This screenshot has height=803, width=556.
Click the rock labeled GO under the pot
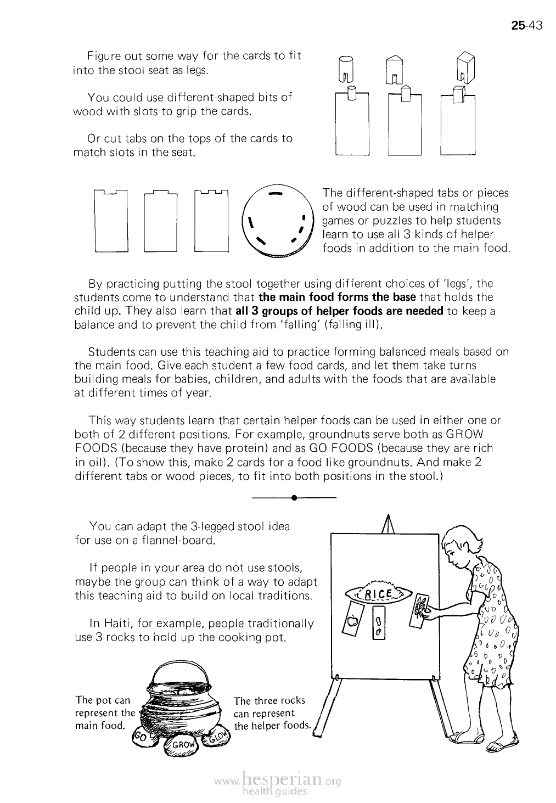coord(142,739)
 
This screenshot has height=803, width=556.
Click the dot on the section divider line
coord(295,498)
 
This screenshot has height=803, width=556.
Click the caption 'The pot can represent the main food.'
coord(104,713)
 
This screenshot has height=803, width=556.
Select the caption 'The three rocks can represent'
coord(269,707)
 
